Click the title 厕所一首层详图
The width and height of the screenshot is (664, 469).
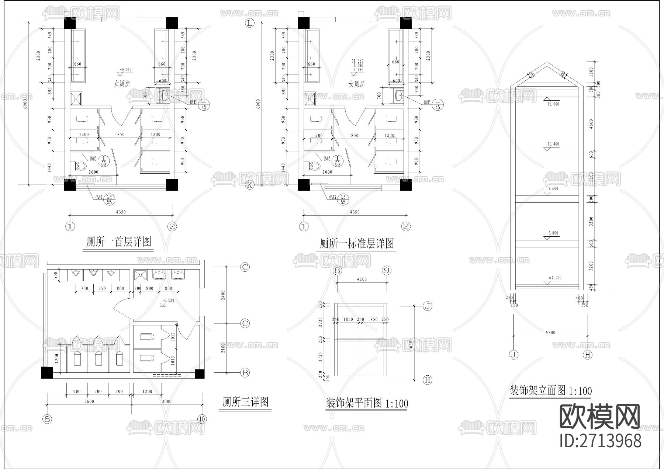pos(118,242)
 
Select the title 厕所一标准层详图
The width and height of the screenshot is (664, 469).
pos(356,243)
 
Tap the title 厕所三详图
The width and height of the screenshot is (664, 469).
pos(245,402)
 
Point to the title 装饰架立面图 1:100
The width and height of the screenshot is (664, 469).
pos(550,390)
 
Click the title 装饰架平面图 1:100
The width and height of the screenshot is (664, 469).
pos(367,403)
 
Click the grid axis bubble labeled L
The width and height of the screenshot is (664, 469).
pos(250,24)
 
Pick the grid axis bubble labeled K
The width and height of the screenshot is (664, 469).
pos(250,185)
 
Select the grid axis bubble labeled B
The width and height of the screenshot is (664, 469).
pos(245,372)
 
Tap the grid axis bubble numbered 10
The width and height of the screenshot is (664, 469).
pos(202,419)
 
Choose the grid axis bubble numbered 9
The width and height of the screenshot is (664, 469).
pos(387,271)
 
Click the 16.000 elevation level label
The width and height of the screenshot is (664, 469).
pos(553,104)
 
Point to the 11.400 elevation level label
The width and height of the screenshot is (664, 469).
pos(553,144)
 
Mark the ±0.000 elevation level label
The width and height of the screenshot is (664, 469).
pos(554,278)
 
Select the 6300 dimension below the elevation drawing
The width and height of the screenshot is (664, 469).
pos(550,333)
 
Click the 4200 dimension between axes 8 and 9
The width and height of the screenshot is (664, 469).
pos(362,279)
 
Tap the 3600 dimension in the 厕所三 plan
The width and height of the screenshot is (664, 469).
pos(89,401)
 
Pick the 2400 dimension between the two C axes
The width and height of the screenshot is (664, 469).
pos(223,295)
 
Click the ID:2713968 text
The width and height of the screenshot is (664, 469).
pos(601,441)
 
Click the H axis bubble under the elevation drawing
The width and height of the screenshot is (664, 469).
pos(587,355)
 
